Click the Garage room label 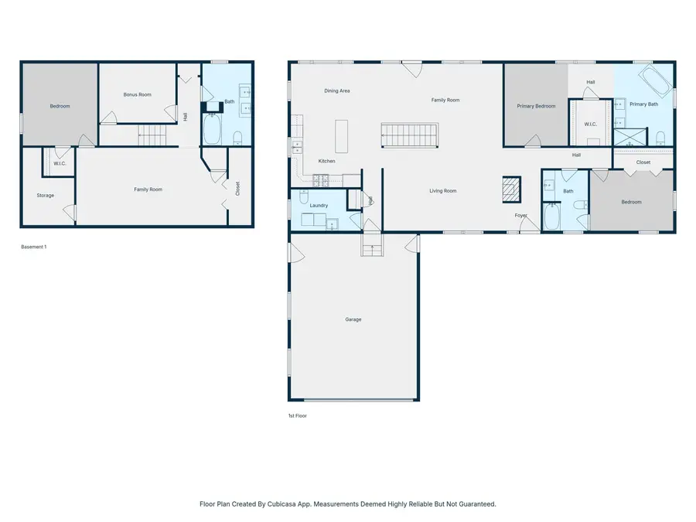click(x=353, y=319)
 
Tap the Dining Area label click(x=337, y=91)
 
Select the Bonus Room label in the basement click(x=137, y=94)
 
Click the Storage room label click(x=46, y=196)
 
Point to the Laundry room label click(x=319, y=206)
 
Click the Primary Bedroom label click(x=536, y=106)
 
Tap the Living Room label click(x=443, y=191)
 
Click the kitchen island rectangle click(x=341, y=136)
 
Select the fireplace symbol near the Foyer click(x=512, y=189)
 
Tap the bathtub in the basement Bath click(x=212, y=128)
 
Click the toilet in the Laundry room click(x=304, y=196)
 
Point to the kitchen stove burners click(x=321, y=180)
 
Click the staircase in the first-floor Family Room click(x=410, y=135)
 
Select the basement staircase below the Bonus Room click(x=152, y=135)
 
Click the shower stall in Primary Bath click(x=630, y=137)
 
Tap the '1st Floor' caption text click(x=298, y=416)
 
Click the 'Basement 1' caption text click(x=34, y=247)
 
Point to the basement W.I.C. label click(x=60, y=164)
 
